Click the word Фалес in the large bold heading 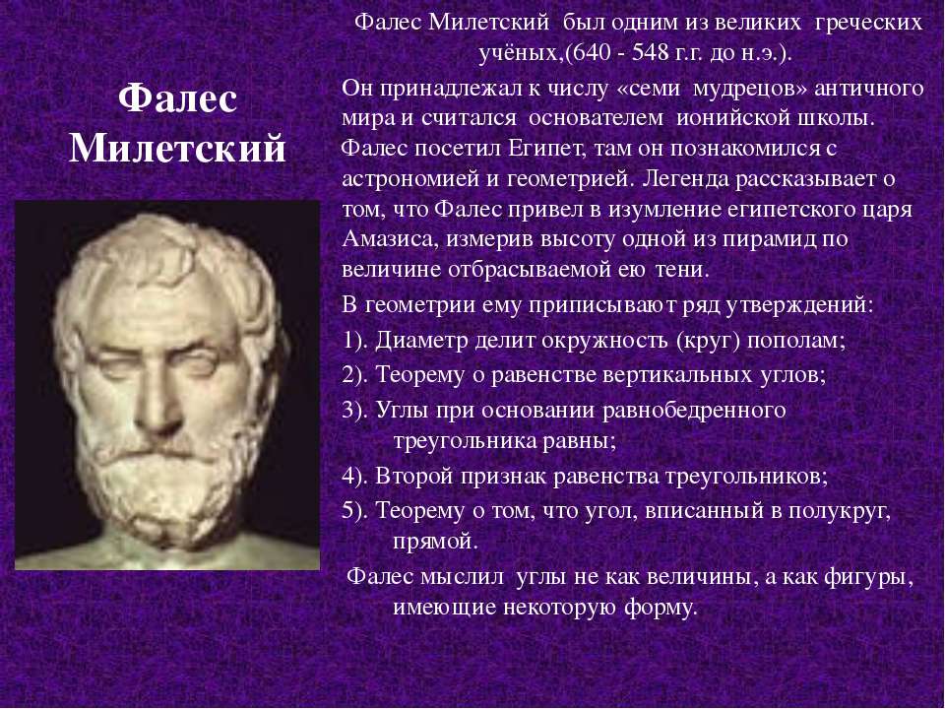coord(177,99)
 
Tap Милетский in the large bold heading coord(177,148)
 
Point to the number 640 coord(591,52)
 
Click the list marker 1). coord(355,342)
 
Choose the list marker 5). coord(355,512)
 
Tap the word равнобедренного coord(694,412)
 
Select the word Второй coord(414,477)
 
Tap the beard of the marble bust coord(168,483)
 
